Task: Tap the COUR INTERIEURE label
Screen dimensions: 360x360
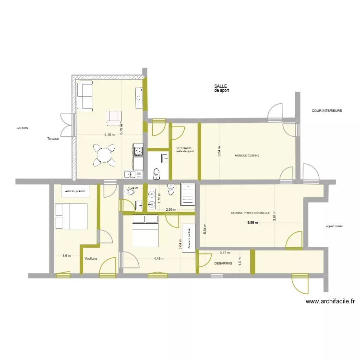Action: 326,111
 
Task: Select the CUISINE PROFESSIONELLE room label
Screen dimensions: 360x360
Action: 250,213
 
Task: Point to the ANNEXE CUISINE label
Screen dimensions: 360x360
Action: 247,156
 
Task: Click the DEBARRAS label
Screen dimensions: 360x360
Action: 223,263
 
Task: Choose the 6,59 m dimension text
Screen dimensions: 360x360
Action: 252,223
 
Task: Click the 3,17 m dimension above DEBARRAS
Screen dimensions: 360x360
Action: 225,253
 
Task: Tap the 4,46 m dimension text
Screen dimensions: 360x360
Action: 159,258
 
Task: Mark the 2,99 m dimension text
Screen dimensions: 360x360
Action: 171,210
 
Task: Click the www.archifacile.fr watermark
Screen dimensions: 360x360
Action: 330,301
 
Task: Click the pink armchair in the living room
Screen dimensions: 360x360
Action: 114,117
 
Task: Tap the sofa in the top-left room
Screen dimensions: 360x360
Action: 85,96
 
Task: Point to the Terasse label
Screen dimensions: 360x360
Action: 53,139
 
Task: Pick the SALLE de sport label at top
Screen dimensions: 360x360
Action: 221,88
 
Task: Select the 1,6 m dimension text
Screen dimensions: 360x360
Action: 66,256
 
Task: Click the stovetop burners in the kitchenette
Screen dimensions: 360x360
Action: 138,151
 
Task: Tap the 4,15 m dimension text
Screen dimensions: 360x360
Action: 109,135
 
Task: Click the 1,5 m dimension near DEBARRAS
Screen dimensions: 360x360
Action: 240,262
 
